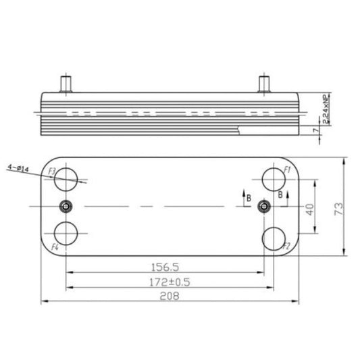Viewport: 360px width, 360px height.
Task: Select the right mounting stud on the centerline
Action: point(265,206)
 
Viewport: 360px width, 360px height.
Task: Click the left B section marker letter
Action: point(249,198)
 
